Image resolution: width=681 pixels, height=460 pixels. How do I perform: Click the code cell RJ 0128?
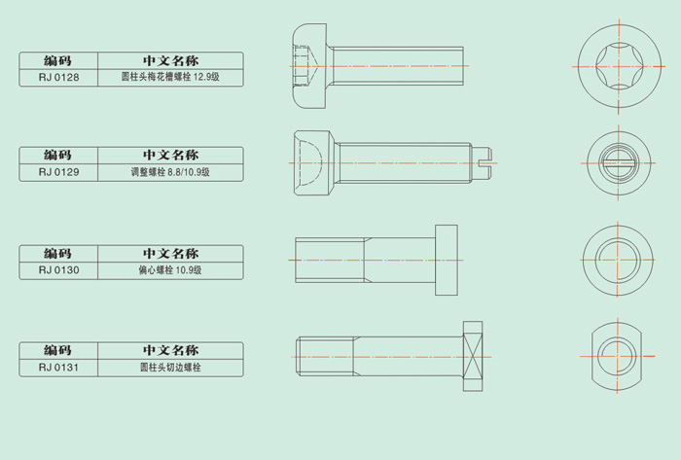coord(58,76)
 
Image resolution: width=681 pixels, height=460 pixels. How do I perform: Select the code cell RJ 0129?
coord(58,171)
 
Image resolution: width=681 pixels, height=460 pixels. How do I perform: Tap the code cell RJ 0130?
coord(58,270)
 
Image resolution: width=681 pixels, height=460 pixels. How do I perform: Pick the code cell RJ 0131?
coord(58,368)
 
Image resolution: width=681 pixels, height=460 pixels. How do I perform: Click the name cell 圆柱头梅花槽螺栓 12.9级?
coord(170,76)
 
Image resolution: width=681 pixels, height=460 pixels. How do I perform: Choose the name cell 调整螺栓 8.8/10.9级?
coord(170,171)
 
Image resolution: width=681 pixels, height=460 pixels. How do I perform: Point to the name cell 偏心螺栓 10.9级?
coord(170,270)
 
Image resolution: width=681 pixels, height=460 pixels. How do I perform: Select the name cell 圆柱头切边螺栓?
coord(170,368)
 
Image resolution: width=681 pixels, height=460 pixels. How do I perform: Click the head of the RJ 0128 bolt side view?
coord(310,66)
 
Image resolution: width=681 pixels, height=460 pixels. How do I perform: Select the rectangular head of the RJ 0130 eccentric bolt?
coord(447,261)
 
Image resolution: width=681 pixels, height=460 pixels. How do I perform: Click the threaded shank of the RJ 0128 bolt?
coord(399,66)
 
